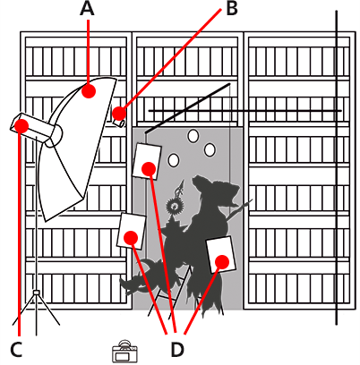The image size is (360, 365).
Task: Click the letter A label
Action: [87, 10]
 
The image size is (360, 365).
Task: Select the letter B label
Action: [231, 10]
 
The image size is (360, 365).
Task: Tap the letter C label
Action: [15, 349]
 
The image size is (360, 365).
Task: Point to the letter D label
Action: [176, 349]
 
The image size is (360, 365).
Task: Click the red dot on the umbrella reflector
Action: [88, 90]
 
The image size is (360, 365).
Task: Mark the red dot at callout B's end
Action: [118, 114]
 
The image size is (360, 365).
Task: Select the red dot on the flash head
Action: [21, 126]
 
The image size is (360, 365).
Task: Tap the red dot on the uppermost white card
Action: [149, 168]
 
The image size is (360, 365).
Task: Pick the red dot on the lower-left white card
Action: [131, 237]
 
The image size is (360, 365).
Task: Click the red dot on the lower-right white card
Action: [221, 261]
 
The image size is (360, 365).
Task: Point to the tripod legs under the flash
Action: [36, 309]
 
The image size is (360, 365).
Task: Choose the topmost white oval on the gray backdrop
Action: [193, 136]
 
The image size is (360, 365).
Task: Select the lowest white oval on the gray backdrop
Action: [173, 160]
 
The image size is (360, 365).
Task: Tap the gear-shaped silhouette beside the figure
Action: [173, 207]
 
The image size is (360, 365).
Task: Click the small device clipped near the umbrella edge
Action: [118, 117]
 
